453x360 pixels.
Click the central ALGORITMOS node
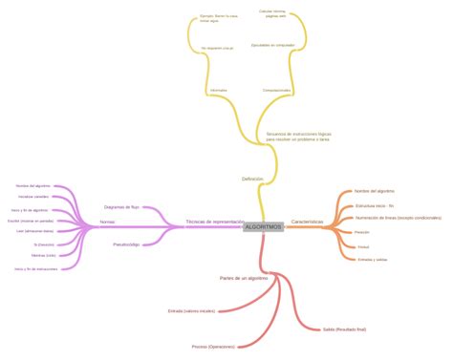pyautogui.click(x=263, y=226)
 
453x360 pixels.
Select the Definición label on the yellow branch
pyautogui.click(x=252, y=179)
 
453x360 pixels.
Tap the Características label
pyautogui.click(x=307, y=222)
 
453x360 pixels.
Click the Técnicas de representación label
pyautogui.click(x=214, y=221)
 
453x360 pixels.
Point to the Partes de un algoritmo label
pyautogui.click(x=244, y=278)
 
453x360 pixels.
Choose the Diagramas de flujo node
pyautogui.click(x=121, y=206)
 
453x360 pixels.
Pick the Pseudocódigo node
pyautogui.click(x=126, y=244)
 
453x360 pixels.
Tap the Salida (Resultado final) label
pyautogui.click(x=345, y=328)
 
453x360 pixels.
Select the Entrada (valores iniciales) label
pyautogui.click(x=191, y=310)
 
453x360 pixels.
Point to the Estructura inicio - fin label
pyautogui.click(x=375, y=205)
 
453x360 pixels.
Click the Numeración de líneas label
pyautogui.click(x=398, y=218)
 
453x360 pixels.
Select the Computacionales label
pyautogui.click(x=277, y=91)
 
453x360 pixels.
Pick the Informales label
pyautogui.click(x=218, y=91)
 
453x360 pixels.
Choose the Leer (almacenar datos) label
pyautogui.click(x=35, y=231)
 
